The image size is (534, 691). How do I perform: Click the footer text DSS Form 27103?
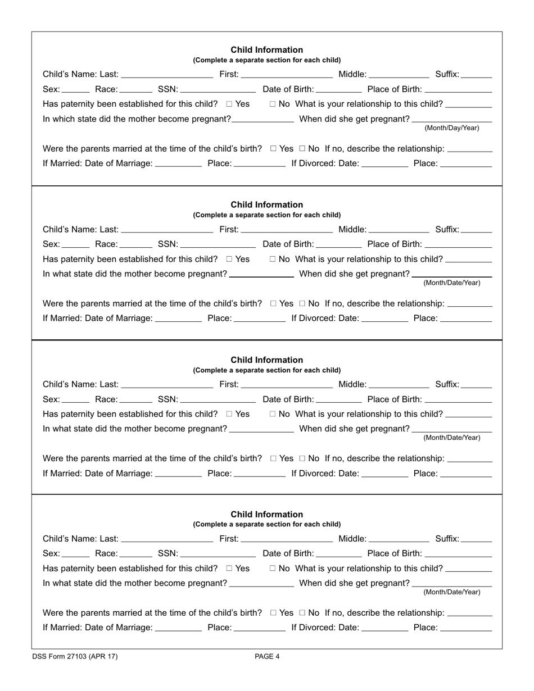[75, 656]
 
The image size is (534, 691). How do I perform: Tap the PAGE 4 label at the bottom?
[267, 656]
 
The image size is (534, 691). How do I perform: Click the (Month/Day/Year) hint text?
[452, 128]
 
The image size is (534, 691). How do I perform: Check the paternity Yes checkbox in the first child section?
[229, 104]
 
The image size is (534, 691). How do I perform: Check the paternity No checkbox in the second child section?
[273, 259]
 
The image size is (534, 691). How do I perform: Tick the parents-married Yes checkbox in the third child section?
[273, 458]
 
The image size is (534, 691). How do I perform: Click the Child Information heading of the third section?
[267, 360]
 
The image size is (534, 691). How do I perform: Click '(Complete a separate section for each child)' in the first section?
[267, 60]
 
